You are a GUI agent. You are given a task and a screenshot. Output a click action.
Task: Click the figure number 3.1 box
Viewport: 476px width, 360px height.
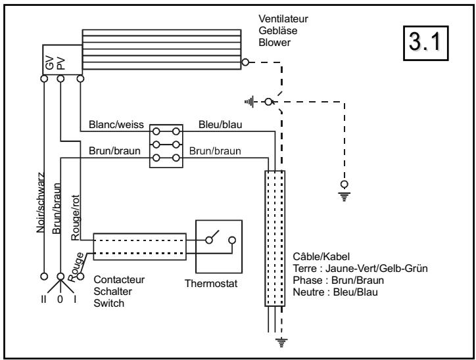[425, 43]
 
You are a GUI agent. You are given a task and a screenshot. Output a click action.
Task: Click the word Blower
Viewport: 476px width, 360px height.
[274, 43]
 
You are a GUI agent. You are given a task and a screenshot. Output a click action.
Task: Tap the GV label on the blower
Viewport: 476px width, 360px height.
[49, 63]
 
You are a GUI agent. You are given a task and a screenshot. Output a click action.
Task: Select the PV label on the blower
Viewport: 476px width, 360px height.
[61, 63]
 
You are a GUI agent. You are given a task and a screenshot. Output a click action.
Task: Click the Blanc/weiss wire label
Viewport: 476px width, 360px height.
[116, 125]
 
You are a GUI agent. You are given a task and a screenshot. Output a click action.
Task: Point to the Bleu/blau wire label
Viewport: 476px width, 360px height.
[220, 125]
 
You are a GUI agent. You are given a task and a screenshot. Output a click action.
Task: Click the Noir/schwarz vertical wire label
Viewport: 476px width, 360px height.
[41, 202]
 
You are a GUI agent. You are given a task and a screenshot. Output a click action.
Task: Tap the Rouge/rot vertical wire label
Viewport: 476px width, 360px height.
[76, 217]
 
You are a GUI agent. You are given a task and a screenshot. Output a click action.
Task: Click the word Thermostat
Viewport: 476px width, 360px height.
[211, 284]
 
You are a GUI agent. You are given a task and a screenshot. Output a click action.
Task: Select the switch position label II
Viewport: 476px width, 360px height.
[43, 300]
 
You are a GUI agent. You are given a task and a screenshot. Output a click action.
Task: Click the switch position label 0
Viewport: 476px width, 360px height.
[60, 300]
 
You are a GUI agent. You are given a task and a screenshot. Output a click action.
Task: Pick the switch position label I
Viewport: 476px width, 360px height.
[75, 300]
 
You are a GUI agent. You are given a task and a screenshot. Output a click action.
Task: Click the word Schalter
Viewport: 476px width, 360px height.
[112, 292]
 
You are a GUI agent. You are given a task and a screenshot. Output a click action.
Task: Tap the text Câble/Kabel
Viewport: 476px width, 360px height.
[321, 257]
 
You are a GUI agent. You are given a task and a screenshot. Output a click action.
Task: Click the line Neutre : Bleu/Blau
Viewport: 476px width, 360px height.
[335, 292]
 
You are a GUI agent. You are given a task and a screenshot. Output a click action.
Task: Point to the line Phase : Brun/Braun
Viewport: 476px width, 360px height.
[338, 281]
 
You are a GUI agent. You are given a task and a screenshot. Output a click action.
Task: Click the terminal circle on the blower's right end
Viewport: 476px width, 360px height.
[245, 62]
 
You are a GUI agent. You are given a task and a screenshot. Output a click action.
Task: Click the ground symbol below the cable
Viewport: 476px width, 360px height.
[281, 342]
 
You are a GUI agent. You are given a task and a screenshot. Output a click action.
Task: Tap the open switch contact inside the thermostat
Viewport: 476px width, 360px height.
[212, 237]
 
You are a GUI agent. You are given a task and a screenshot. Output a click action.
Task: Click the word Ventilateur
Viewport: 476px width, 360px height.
[283, 19]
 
